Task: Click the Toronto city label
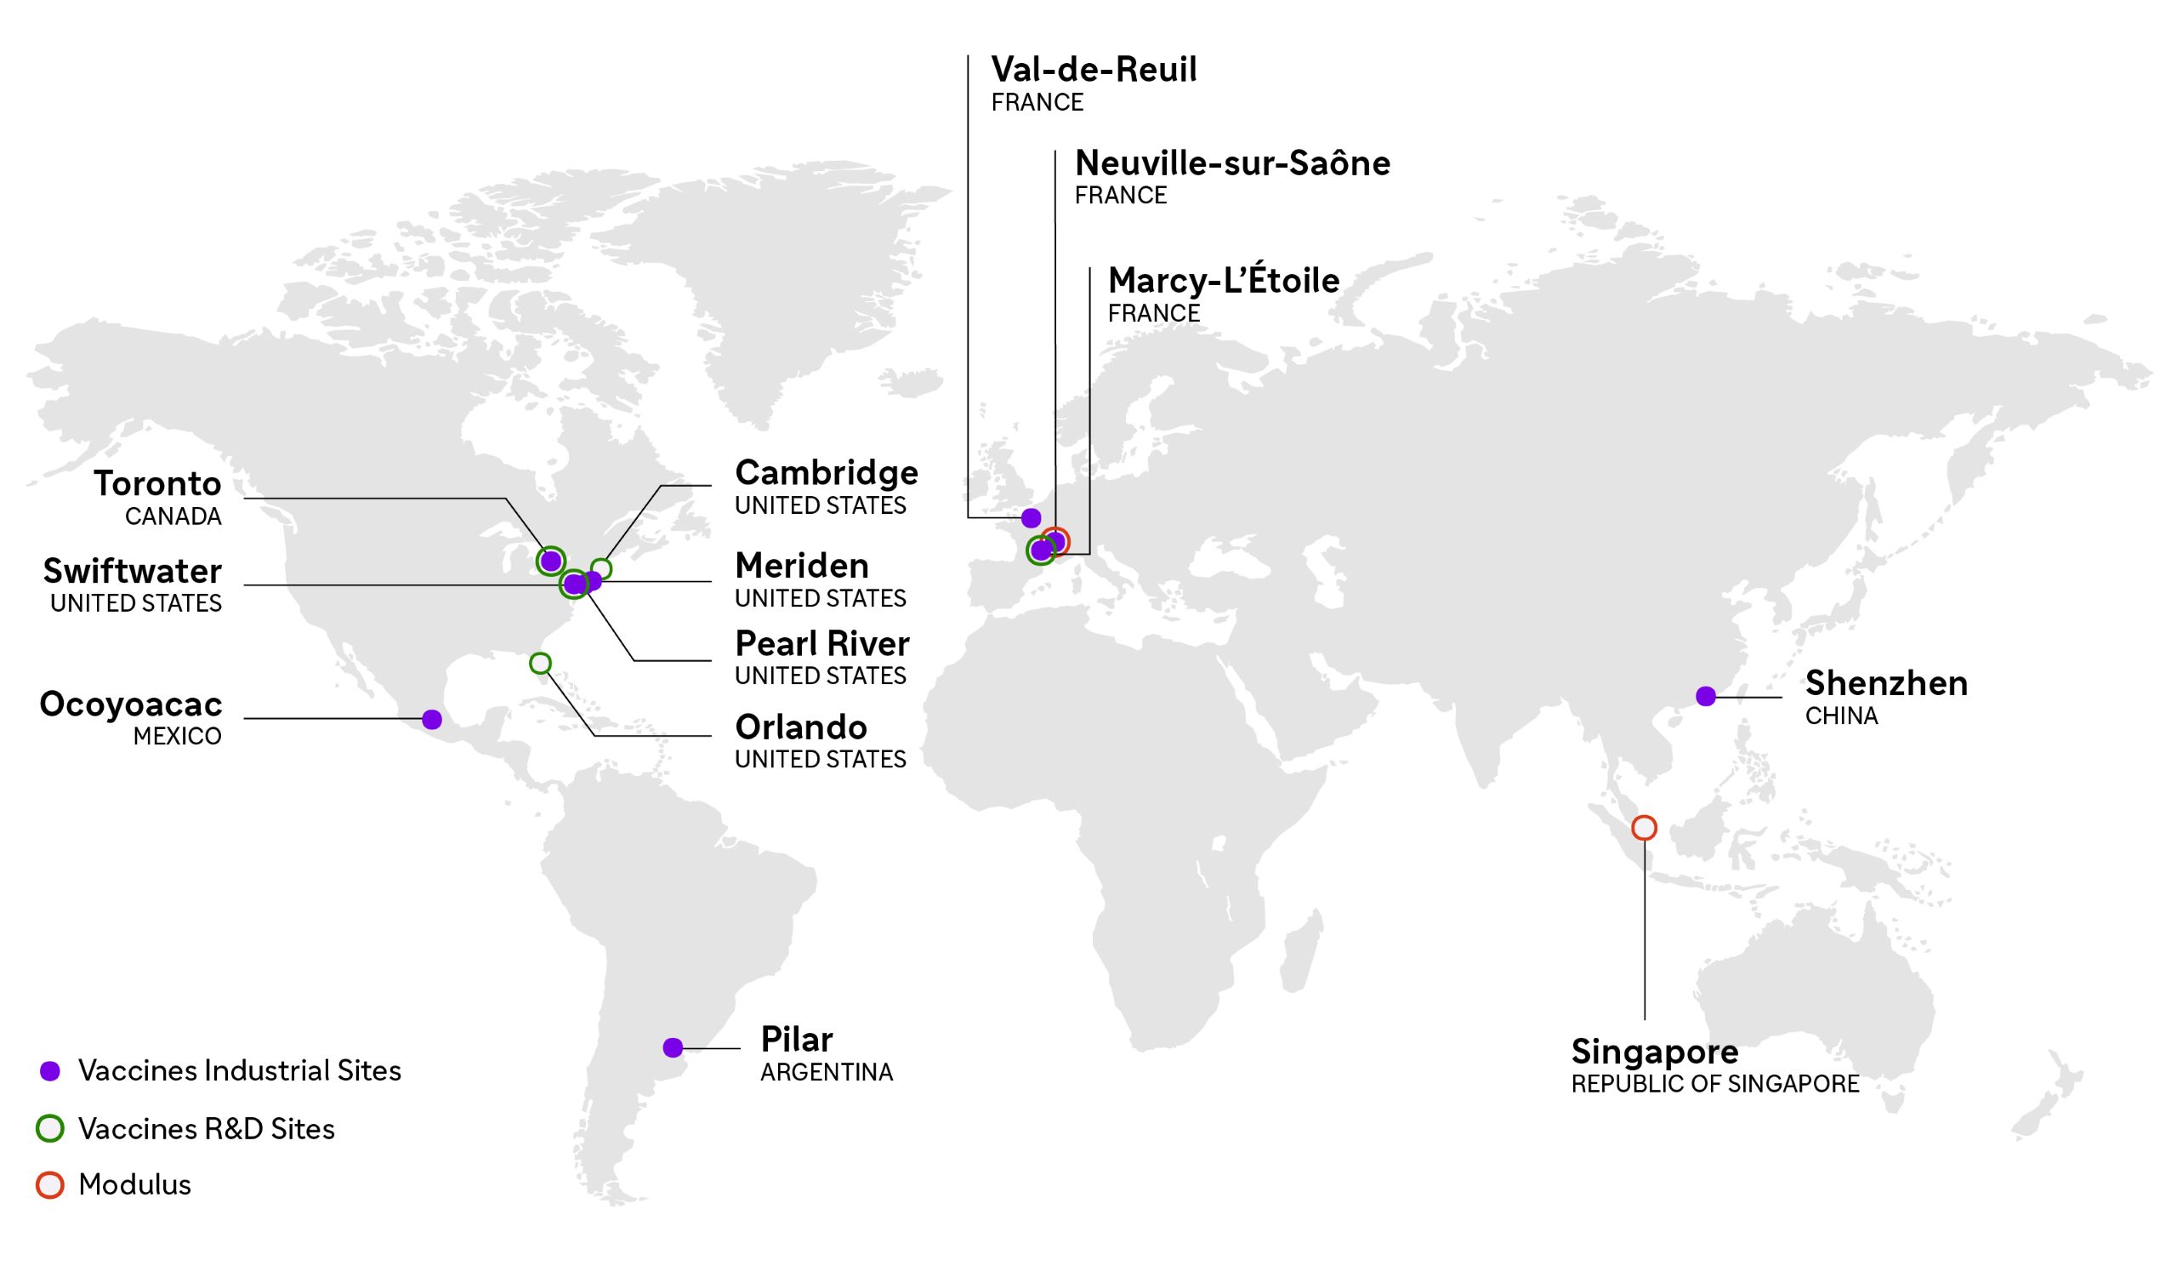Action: pyautogui.click(x=157, y=484)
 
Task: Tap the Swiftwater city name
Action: pyautogui.click(x=132, y=571)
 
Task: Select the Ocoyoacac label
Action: pyautogui.click(x=130, y=704)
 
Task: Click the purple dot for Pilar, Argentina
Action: pyautogui.click(x=673, y=1047)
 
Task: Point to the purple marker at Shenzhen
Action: pyautogui.click(x=1705, y=697)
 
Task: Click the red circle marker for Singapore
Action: pyautogui.click(x=1644, y=828)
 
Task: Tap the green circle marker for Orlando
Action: pyautogui.click(x=540, y=664)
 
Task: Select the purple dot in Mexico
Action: pyautogui.click(x=432, y=719)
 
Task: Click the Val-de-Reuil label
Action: pyautogui.click(x=1094, y=69)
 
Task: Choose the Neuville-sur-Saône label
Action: pyautogui.click(x=1232, y=163)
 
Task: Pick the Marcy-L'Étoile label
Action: pyautogui.click(x=1223, y=280)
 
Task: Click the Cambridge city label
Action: pyautogui.click(x=826, y=473)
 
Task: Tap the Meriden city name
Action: pyautogui.click(x=802, y=566)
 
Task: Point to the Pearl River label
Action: pyautogui.click(x=821, y=644)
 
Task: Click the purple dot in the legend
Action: pyautogui.click(x=50, y=1071)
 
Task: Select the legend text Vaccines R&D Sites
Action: pyautogui.click(x=207, y=1129)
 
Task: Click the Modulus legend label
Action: pyautogui.click(x=134, y=1185)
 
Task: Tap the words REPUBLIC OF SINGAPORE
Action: pyautogui.click(x=1715, y=1084)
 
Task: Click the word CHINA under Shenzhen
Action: pyautogui.click(x=1841, y=716)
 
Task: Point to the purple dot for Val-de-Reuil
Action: pyautogui.click(x=1031, y=518)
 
